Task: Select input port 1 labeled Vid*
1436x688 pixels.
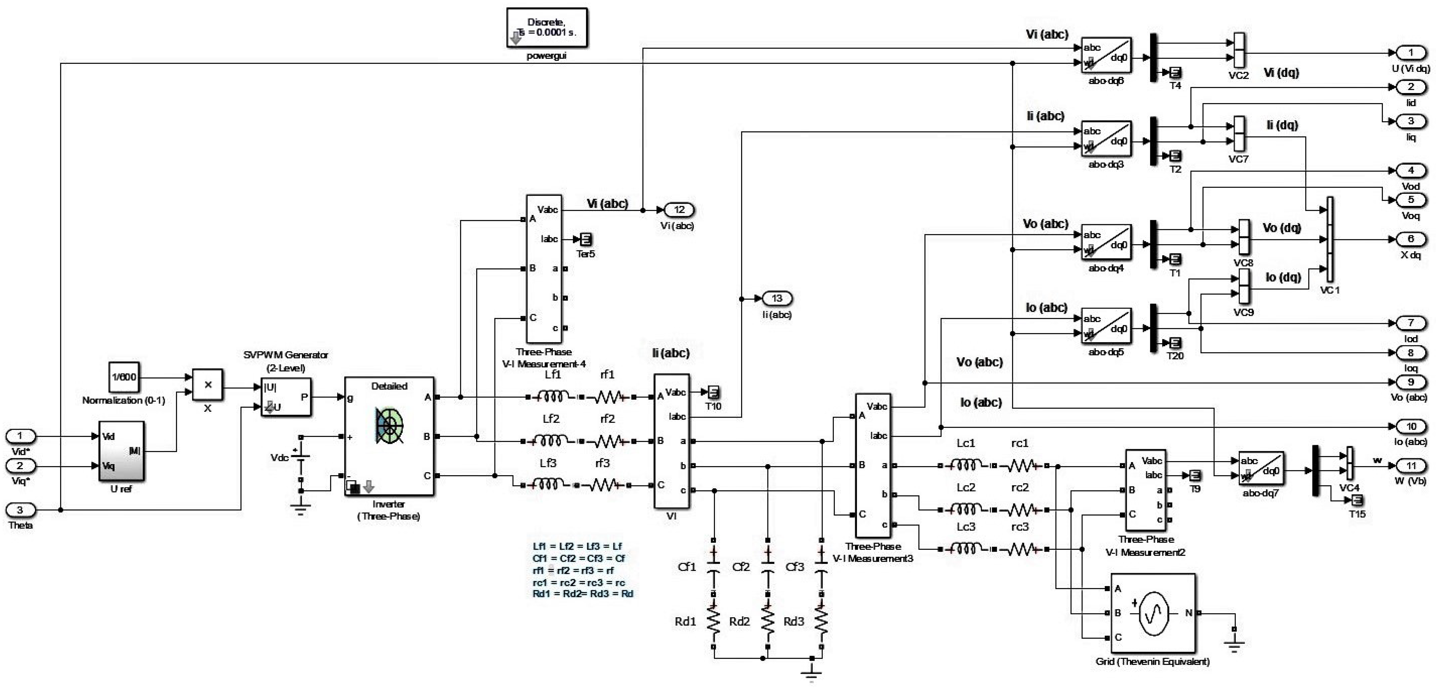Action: pyautogui.click(x=21, y=436)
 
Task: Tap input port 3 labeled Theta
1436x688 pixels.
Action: pyautogui.click(x=21, y=509)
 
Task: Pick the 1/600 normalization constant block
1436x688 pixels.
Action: pyautogui.click(x=123, y=377)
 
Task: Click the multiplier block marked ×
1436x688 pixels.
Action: pyautogui.click(x=207, y=385)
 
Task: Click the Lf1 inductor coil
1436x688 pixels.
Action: pyautogui.click(x=552, y=397)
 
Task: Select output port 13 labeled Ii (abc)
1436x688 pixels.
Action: pyautogui.click(x=777, y=298)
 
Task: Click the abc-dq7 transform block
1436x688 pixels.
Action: pyautogui.click(x=1261, y=468)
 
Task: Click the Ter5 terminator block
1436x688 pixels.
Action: pyautogui.click(x=585, y=239)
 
